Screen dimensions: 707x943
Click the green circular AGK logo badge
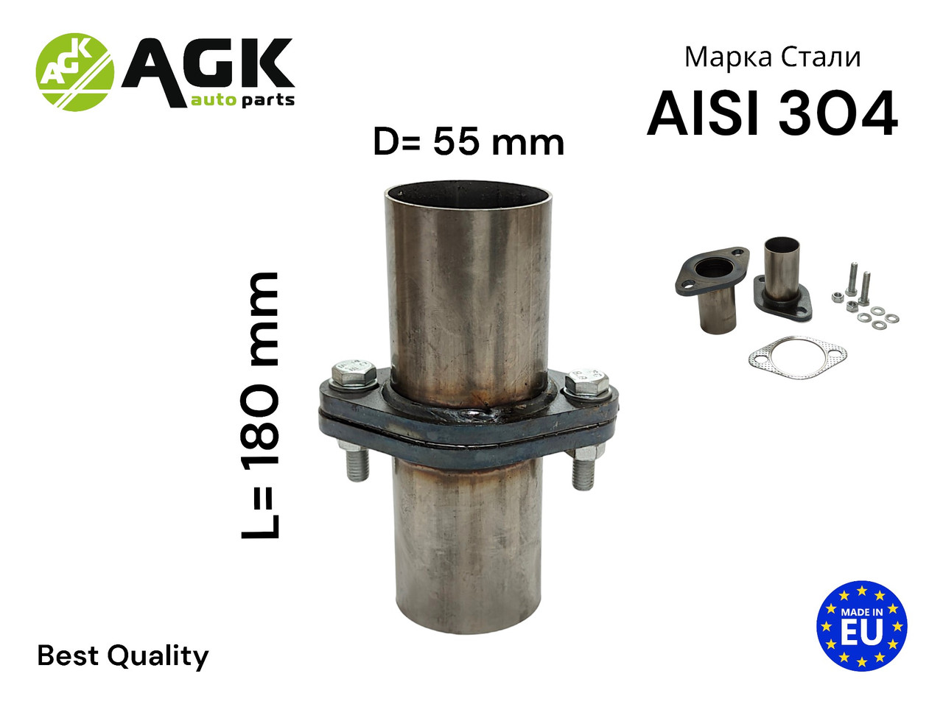[75, 72]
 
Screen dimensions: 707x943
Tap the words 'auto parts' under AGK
[242, 99]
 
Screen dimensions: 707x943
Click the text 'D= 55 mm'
[469, 141]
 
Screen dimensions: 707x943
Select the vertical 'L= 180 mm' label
[262, 406]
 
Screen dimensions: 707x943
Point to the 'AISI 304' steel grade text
[772, 115]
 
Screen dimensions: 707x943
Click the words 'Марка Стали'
[772, 57]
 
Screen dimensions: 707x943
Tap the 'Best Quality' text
[123, 655]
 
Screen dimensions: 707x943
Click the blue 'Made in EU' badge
[861, 625]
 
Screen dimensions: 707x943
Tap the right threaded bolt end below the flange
[583, 472]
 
